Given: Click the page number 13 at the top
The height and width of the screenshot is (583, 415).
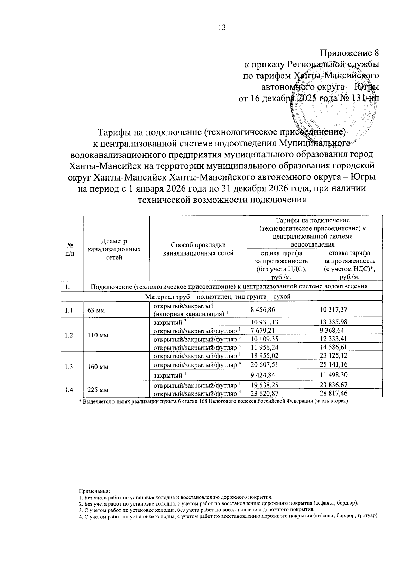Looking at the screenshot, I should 222,28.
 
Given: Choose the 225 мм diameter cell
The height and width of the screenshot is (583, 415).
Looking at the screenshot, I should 98,390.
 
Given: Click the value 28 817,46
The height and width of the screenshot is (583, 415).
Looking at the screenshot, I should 334,394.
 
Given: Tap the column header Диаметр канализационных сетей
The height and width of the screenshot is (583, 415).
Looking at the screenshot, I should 114,249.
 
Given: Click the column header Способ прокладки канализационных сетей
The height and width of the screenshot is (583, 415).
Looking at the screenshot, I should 198,249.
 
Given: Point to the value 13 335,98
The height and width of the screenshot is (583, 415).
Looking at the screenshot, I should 334,322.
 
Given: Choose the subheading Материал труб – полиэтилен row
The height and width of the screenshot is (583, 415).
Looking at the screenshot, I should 218,297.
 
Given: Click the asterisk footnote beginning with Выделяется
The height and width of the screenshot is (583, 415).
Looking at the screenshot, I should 214,401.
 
